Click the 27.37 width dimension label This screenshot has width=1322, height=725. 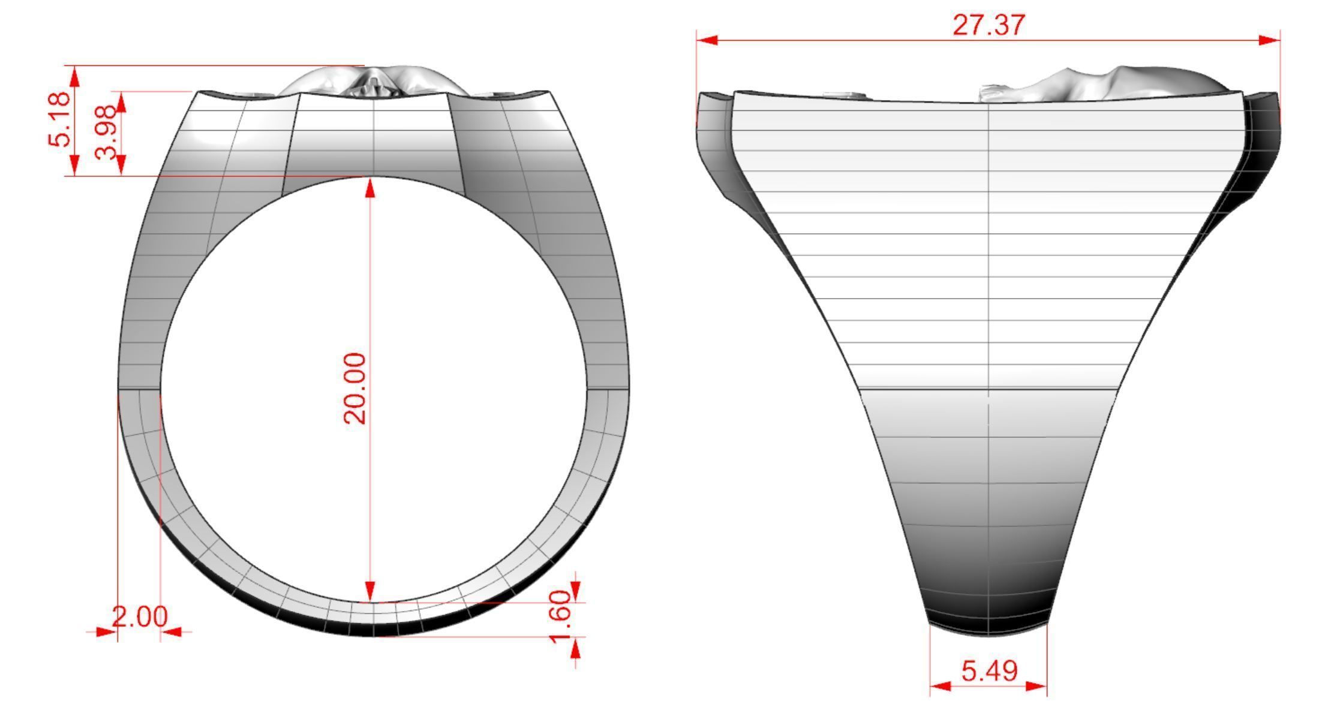[989, 25]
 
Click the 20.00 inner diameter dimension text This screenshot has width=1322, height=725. [354, 389]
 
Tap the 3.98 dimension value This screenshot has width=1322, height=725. [106, 132]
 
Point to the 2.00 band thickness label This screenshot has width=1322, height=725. [140, 617]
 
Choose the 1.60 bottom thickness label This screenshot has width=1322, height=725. [560, 616]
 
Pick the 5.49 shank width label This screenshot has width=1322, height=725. [989, 671]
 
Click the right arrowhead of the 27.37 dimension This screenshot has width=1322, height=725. [1269, 40]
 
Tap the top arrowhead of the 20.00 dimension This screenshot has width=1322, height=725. [370, 188]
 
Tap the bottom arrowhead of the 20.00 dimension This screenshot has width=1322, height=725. [370, 591]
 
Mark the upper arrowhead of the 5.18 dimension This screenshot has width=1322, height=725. [74, 76]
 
